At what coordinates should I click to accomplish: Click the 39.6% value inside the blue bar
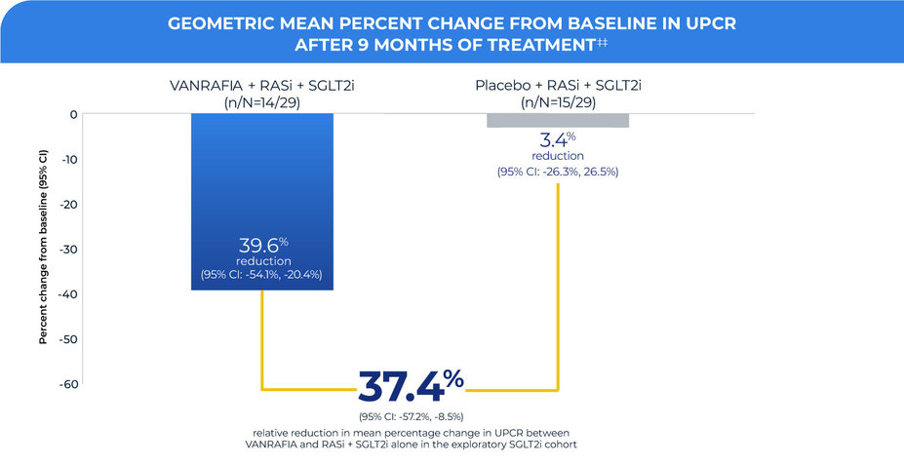(x=263, y=246)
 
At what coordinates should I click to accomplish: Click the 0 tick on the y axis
(x=73, y=114)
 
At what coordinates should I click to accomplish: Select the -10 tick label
(x=69, y=159)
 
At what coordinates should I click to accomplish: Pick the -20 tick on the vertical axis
(x=69, y=204)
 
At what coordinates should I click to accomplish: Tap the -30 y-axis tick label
(x=69, y=249)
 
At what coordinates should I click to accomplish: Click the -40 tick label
(x=69, y=293)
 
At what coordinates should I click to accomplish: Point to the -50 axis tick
(x=69, y=338)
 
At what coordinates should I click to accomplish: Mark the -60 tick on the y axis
(x=69, y=383)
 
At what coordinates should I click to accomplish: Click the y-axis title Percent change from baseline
(x=43, y=249)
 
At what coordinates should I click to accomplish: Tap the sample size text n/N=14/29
(x=263, y=101)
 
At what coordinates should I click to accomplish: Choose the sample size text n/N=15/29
(x=557, y=101)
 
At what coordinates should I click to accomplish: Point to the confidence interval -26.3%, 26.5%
(x=557, y=172)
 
